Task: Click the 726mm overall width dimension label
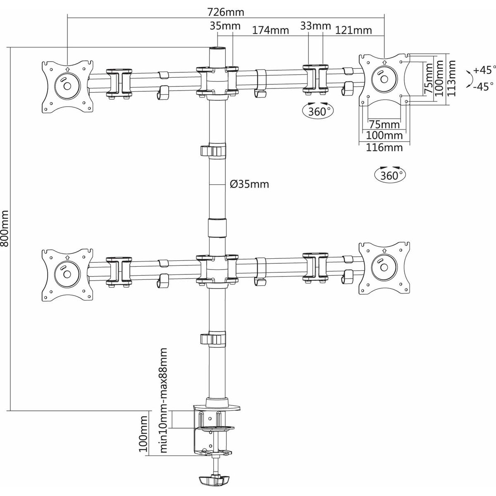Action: pos(226,12)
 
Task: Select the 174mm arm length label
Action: pos(270,30)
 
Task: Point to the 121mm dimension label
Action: pos(353,30)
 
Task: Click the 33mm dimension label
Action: pos(315,26)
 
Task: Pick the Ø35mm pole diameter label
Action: pos(249,184)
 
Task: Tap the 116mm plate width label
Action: pos(384,148)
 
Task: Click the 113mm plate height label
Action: pos(451,79)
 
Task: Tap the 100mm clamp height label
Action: pos(143,434)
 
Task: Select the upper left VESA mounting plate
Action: pos(67,86)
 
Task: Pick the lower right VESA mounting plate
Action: pos(384,268)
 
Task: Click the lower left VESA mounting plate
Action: pos(67,274)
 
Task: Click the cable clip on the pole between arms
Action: pos(213,150)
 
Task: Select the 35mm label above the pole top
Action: pos(225,26)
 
